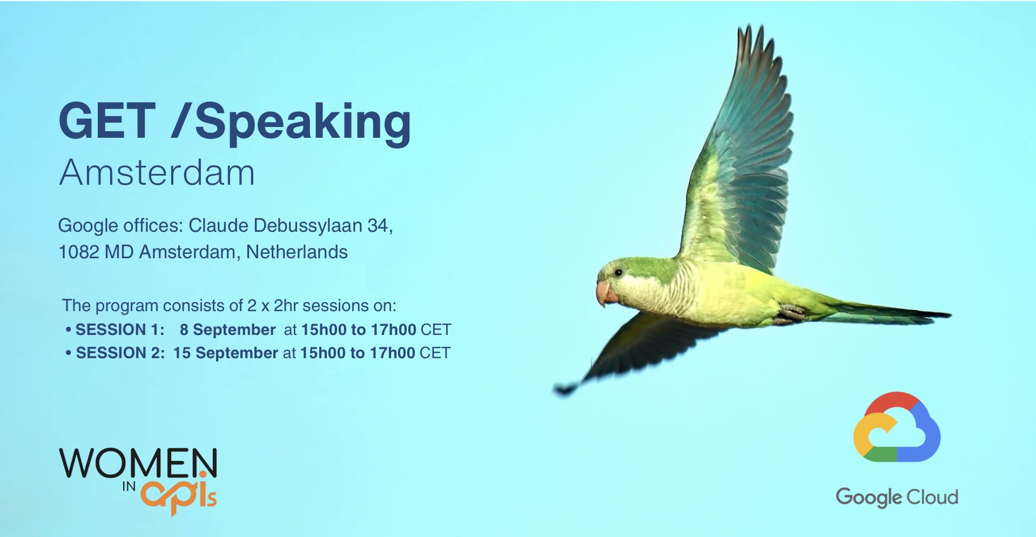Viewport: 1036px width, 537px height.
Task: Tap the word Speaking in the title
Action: (x=303, y=124)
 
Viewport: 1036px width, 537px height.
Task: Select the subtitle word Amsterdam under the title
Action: (x=157, y=173)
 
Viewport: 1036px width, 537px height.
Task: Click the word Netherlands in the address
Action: (x=297, y=252)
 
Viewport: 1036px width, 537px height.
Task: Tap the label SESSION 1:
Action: (x=120, y=330)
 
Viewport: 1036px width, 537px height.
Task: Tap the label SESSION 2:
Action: (x=120, y=353)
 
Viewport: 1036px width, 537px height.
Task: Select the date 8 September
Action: (x=228, y=330)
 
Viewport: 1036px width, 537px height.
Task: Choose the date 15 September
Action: (x=226, y=353)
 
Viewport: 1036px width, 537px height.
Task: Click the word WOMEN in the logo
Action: (x=138, y=463)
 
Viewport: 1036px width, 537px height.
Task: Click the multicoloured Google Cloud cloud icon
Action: (x=897, y=427)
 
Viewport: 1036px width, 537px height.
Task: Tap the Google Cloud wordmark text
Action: (x=897, y=497)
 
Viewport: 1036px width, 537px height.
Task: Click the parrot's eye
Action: (x=619, y=273)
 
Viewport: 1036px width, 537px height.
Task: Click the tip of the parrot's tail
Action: (x=950, y=314)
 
